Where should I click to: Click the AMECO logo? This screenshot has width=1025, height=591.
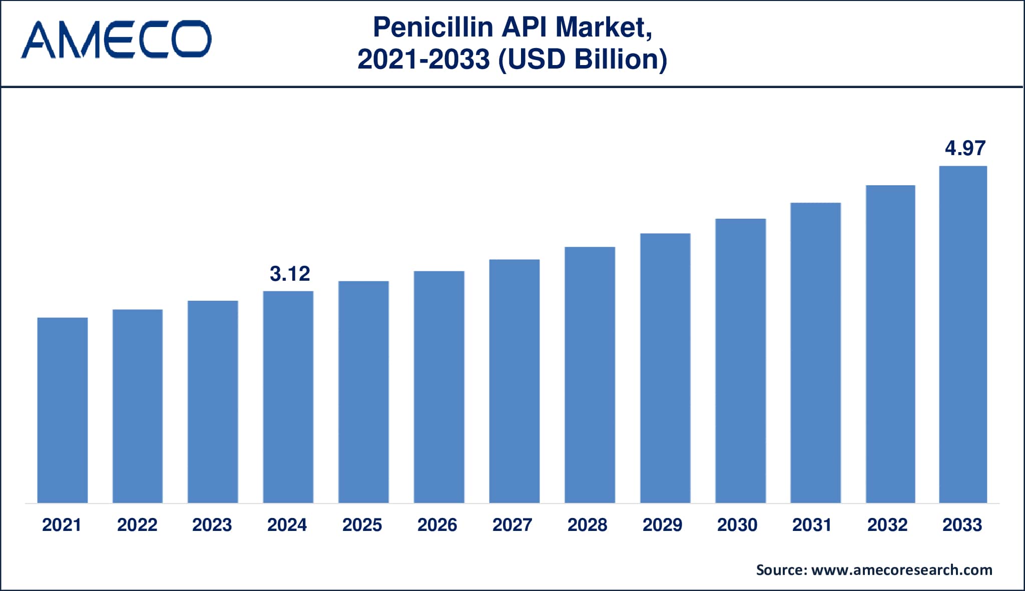(116, 39)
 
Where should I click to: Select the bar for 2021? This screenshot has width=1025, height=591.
(63, 410)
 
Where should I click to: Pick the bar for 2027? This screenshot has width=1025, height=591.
(514, 381)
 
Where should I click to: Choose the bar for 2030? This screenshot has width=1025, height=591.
(740, 361)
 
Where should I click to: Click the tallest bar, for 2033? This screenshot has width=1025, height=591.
(963, 334)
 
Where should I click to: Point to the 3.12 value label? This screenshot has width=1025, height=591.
(290, 274)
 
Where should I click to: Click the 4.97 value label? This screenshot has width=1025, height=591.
(965, 148)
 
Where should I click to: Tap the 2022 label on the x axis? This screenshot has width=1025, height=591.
(137, 525)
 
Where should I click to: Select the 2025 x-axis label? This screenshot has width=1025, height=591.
(362, 525)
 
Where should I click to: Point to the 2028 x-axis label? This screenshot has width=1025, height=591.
(588, 525)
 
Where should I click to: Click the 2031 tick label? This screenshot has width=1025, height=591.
(812, 525)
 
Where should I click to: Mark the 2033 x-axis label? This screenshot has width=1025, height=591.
(962, 525)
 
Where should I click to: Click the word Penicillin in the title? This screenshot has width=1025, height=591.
(433, 28)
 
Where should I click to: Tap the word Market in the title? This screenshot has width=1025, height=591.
(602, 28)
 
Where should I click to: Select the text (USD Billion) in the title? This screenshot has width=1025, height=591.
(583, 60)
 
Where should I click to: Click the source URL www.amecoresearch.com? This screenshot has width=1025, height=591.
(901, 570)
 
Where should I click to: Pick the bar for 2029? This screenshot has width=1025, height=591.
(665, 368)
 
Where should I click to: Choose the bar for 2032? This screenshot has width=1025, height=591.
(890, 344)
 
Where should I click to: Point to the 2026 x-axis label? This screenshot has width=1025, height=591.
(437, 525)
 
